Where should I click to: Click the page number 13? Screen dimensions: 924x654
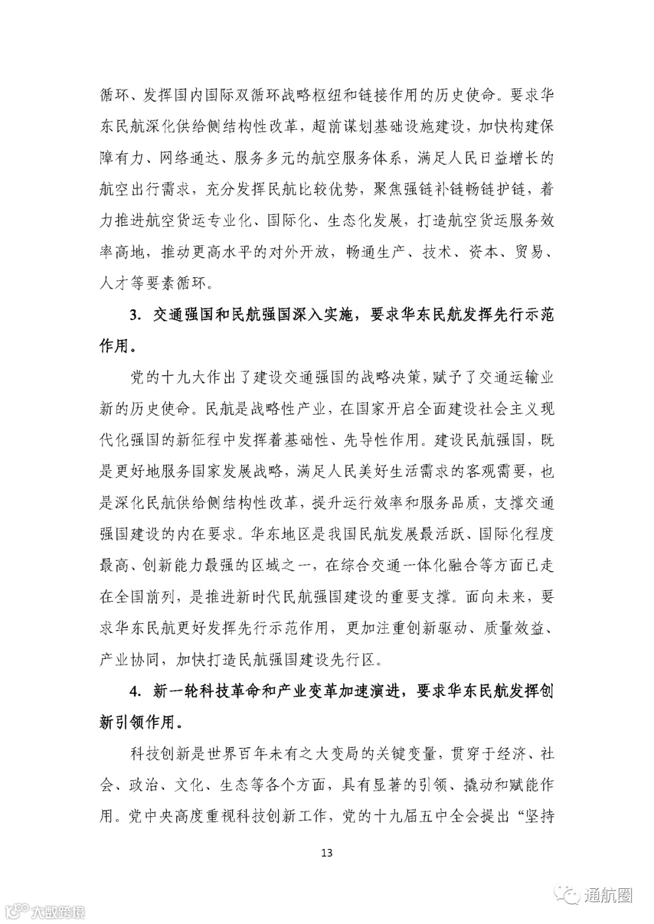coord(327,853)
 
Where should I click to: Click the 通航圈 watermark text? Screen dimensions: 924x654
coord(607,895)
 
